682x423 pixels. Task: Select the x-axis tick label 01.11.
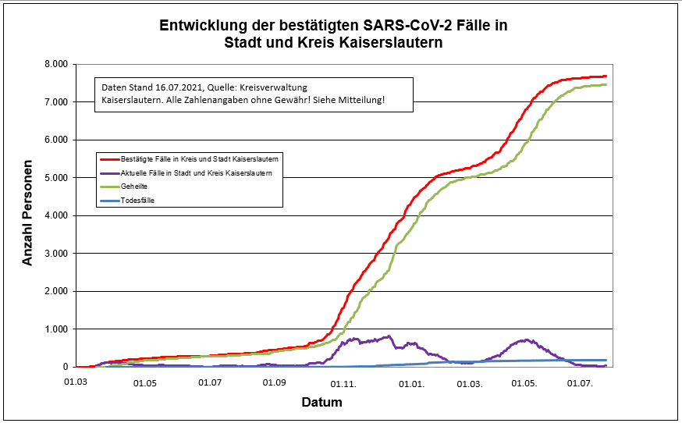click(x=345, y=383)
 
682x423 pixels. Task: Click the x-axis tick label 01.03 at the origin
click(x=76, y=383)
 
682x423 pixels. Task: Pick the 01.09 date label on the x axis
click(x=275, y=383)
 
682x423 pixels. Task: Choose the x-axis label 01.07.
click(x=210, y=383)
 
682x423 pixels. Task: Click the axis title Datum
click(x=321, y=403)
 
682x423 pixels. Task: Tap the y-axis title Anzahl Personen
click(x=28, y=215)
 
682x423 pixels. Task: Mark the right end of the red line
click(x=606, y=76)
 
